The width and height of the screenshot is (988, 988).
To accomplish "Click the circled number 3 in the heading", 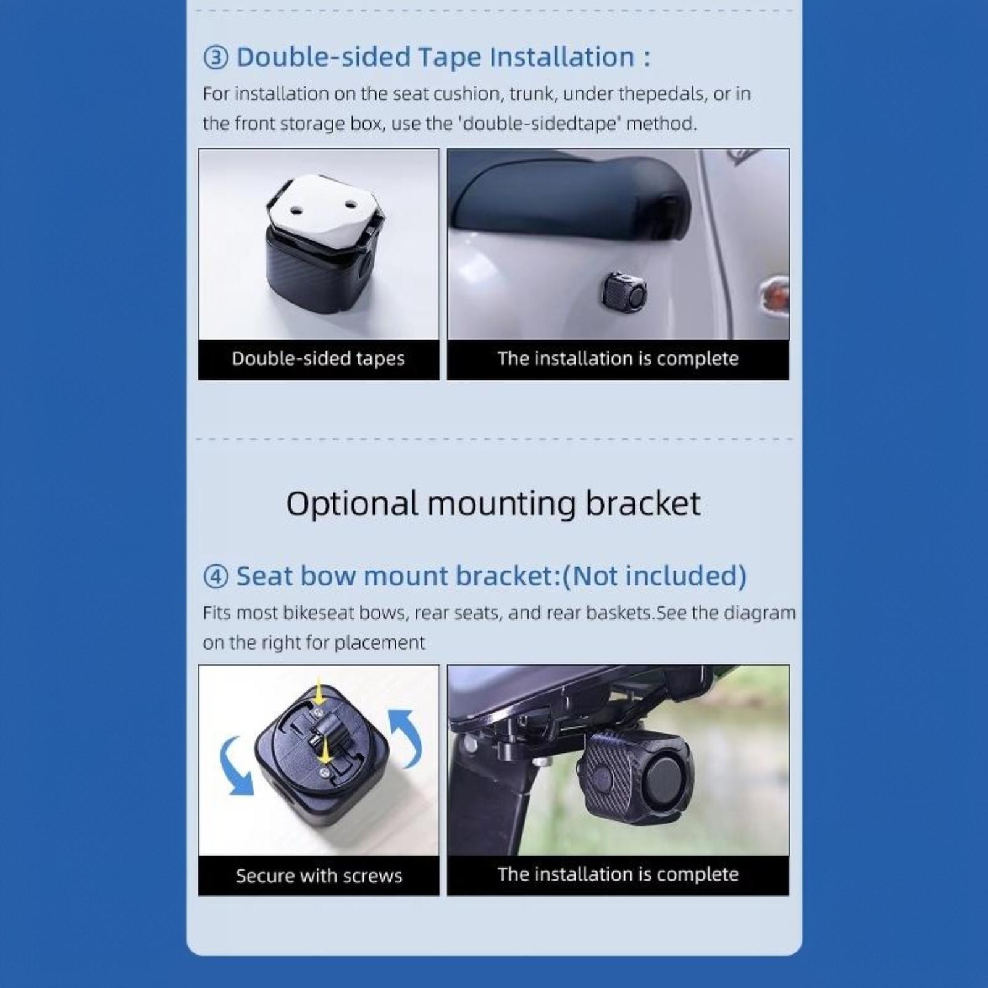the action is (216, 57).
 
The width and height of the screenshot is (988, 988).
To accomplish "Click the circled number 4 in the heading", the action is (216, 577).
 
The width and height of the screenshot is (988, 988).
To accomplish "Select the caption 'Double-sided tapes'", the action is (318, 359).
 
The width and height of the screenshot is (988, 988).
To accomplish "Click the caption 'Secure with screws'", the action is (319, 876).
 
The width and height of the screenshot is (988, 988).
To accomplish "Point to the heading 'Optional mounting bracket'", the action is (493, 504).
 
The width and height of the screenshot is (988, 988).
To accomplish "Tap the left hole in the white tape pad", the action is (295, 211).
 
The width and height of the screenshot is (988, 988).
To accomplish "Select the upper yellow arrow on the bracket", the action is (319, 693).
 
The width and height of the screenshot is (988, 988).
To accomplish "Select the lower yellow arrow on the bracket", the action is (324, 750).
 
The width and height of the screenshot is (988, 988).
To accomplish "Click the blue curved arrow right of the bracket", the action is (409, 735).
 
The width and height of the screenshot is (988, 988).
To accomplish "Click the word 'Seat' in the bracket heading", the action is (265, 576).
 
